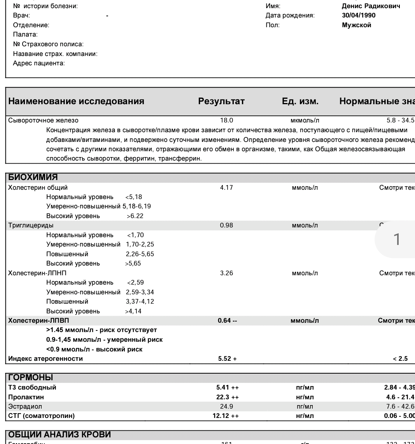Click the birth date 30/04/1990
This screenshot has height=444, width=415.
coord(356,16)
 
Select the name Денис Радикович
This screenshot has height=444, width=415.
coord(371,6)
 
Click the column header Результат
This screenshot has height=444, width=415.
coord(221,101)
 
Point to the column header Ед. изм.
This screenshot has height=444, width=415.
coord(300,101)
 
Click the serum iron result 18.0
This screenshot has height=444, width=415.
coord(226,121)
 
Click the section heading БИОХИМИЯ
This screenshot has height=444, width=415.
coord(33,178)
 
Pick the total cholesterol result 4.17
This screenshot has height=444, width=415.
coord(226,187)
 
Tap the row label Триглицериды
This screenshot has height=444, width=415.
coord(31,225)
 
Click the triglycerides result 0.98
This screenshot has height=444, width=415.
coord(226,225)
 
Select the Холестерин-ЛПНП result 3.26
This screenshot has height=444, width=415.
coord(226,273)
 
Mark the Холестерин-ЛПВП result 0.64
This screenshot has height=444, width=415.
coord(225,320)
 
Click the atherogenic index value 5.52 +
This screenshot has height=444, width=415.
coord(227,358)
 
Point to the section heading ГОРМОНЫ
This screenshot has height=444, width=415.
coord(31,378)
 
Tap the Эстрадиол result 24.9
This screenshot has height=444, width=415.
coord(226,406)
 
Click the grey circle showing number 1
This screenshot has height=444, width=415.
coord(397,239)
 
